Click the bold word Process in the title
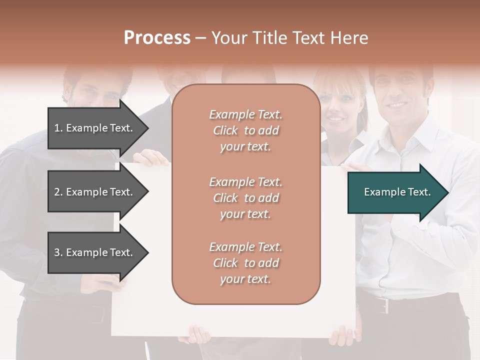157,38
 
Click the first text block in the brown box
245,130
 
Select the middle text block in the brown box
245,198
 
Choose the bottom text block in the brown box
245,263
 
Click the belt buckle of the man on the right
383,304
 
